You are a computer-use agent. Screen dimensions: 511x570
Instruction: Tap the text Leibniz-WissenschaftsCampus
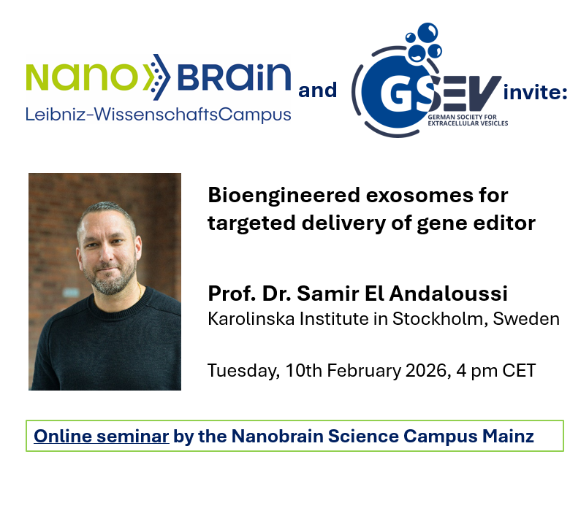pyautogui.click(x=158, y=115)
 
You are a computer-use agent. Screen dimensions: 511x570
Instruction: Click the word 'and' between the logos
pyautogui.click(x=318, y=90)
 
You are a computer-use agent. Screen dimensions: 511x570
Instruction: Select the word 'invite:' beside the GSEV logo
pyautogui.click(x=535, y=91)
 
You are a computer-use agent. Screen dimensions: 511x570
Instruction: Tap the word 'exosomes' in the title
pyautogui.click(x=416, y=196)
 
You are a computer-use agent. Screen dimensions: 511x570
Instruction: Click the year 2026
pyautogui.click(x=424, y=370)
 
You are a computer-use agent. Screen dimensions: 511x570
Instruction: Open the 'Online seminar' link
pyautogui.click(x=102, y=437)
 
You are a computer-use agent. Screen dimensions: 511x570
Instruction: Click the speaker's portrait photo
pyautogui.click(x=104, y=282)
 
